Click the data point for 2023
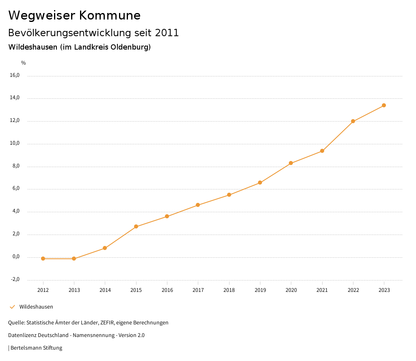click(x=384, y=105)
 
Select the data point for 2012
click(x=43, y=259)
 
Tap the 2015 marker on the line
click(x=136, y=226)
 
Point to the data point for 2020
click(x=291, y=163)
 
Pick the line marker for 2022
click(x=353, y=121)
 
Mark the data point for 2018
click(x=229, y=195)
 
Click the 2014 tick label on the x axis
click(x=105, y=290)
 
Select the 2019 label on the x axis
click(x=260, y=290)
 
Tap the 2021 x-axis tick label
click(x=322, y=290)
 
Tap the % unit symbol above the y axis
click(x=24, y=63)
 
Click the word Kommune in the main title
click(x=110, y=15)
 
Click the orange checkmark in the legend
click(x=12, y=307)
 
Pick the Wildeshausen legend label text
click(x=36, y=307)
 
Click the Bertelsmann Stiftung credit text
click(x=36, y=348)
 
